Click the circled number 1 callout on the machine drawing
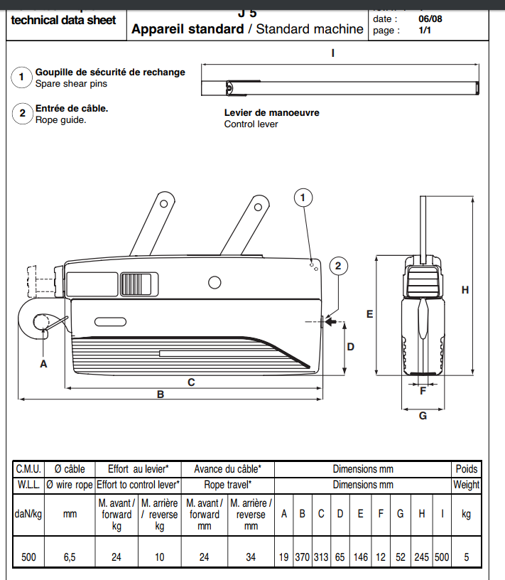303,198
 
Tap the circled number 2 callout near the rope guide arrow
338,266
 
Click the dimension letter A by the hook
43,363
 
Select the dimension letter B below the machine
161,394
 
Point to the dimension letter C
191,382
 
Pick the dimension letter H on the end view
465,289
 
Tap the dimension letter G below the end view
423,416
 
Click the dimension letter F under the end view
423,390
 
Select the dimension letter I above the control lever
332,52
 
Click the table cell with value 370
303,557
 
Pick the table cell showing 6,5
70,557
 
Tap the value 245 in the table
422,557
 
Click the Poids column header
467,469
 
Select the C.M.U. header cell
28,469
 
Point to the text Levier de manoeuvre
271,112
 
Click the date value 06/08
430,19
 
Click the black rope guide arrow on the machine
330,322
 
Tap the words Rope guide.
61,120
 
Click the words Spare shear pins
71,83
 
